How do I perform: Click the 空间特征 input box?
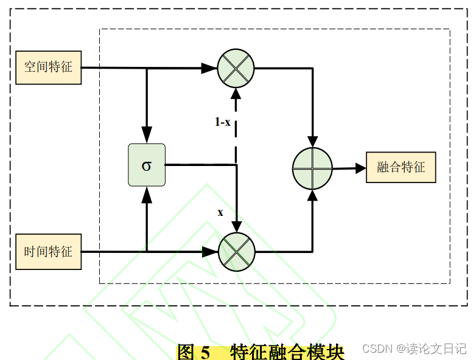pyautogui.click(x=49, y=67)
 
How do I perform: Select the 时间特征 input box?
pyautogui.click(x=49, y=251)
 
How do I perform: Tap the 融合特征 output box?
pyautogui.click(x=401, y=167)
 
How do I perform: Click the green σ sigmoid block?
pyautogui.click(x=147, y=165)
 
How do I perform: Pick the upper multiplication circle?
pyautogui.click(x=236, y=68)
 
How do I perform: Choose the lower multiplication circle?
pyautogui.click(x=237, y=252)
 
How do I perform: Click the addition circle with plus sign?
pyautogui.click(x=312, y=168)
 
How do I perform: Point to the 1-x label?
pyautogui.click(x=223, y=122)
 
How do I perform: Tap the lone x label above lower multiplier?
pyautogui.click(x=220, y=212)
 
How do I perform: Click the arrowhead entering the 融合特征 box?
pyautogui.click(x=360, y=168)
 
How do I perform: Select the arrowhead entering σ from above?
pyautogui.click(x=147, y=135)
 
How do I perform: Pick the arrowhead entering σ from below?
pyautogui.click(x=147, y=195)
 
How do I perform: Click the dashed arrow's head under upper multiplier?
pyautogui.click(x=236, y=94)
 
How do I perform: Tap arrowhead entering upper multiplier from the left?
pyautogui.click(x=209, y=68)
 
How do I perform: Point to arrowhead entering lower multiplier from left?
pyautogui.click(x=211, y=252)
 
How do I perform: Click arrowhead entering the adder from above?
pyautogui.click(x=313, y=142)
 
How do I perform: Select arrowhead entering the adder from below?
pyautogui.click(x=313, y=195)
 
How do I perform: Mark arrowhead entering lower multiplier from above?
pyautogui.click(x=237, y=227)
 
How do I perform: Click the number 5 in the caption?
pyautogui.click(x=205, y=353)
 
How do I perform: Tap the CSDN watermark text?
pyautogui.click(x=377, y=349)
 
